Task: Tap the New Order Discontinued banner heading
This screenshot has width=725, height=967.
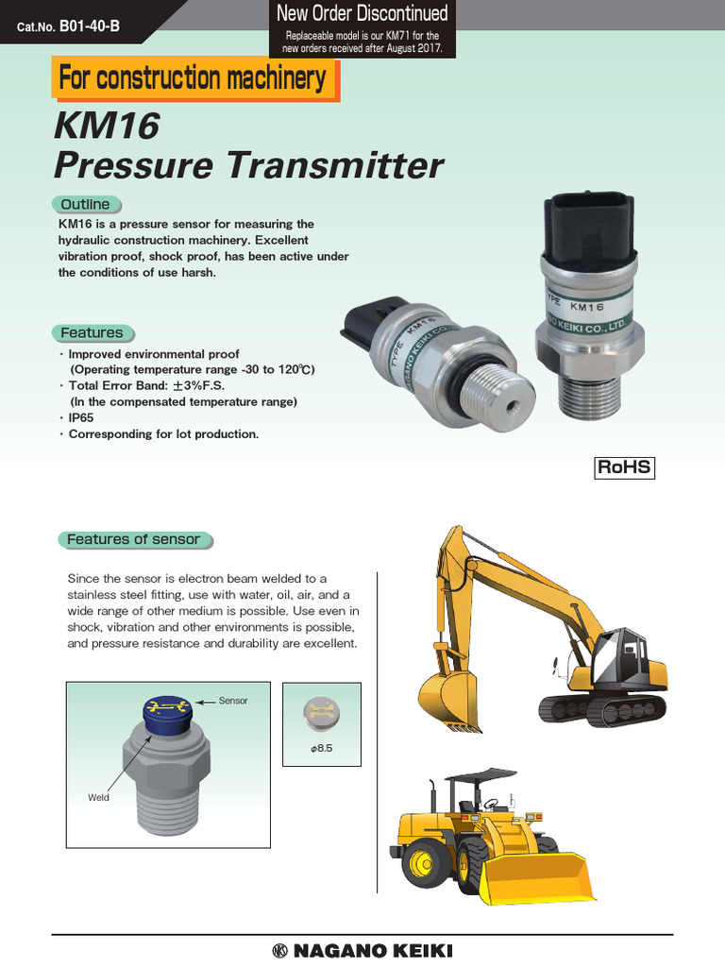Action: (362, 14)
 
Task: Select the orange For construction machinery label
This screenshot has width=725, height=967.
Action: (193, 77)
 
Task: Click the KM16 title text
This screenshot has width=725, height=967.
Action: (106, 124)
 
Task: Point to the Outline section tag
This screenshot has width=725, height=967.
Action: (85, 204)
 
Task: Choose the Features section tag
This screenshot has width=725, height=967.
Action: (92, 332)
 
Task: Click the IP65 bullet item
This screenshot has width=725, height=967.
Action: (81, 417)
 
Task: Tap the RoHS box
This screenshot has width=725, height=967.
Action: (624, 467)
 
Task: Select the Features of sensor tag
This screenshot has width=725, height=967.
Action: (133, 539)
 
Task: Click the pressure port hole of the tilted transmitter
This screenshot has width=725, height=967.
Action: (510, 406)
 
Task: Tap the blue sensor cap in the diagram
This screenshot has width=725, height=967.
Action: (166, 713)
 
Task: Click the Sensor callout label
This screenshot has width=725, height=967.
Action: (232, 702)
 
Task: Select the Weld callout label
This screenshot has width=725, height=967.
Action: (99, 797)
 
